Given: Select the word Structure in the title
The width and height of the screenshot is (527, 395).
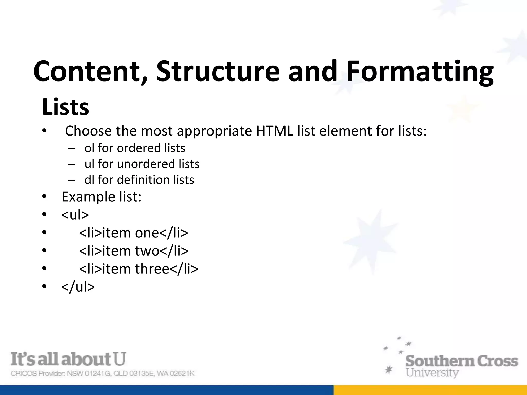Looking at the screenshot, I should (218, 71).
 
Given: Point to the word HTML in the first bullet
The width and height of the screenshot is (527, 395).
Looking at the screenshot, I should (275, 131).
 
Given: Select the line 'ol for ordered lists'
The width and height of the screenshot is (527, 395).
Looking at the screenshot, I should (135, 148).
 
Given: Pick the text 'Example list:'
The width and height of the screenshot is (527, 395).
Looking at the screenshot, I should (102, 197).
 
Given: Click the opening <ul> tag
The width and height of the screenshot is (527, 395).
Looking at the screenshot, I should (75, 214).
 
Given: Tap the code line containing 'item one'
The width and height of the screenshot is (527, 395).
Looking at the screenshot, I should (134, 233).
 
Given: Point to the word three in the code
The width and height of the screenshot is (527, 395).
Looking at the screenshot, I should (152, 269).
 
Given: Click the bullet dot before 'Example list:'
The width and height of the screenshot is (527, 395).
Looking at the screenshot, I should (45, 197).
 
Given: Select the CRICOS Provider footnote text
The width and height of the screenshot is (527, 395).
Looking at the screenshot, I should (102, 373).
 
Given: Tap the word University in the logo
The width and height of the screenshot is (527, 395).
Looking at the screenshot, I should (432, 373).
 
